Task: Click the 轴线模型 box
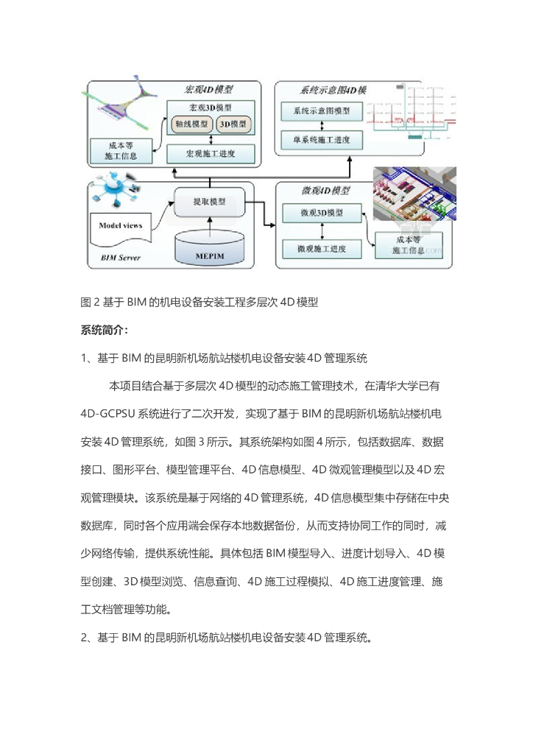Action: (190, 124)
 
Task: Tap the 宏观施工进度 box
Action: (211, 154)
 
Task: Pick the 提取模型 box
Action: (209, 202)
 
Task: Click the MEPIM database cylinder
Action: (210, 249)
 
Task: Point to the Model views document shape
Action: (121, 225)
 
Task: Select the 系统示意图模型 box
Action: (321, 111)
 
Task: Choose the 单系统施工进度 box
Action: (321, 138)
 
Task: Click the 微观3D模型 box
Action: (321, 213)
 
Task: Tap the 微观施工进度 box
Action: (321, 249)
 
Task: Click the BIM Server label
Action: (120, 258)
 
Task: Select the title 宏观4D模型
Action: (208, 90)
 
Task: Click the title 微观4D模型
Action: (325, 191)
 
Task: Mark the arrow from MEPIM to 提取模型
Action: (210, 224)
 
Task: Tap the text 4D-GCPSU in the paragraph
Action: (112, 414)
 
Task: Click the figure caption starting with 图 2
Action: (199, 301)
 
